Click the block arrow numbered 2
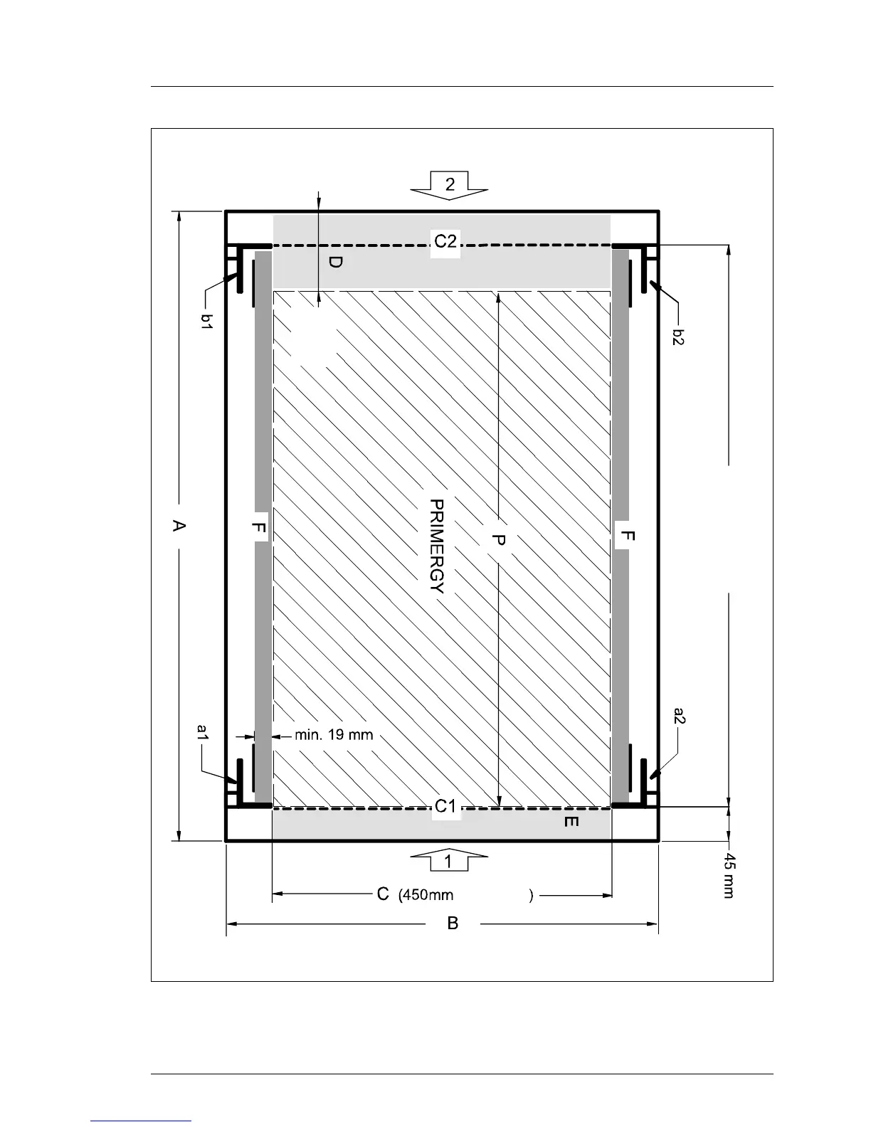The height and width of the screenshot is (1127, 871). point(449,185)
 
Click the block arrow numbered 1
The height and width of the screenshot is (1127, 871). point(449,861)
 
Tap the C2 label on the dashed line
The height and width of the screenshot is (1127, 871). point(445,241)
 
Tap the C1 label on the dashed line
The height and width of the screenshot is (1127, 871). point(445,806)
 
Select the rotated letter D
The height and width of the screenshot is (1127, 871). point(336,262)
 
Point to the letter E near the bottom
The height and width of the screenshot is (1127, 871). point(571,822)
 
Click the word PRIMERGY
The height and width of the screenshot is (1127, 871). point(437,546)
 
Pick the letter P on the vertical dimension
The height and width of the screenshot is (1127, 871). point(498,541)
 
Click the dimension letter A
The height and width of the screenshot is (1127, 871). point(179,527)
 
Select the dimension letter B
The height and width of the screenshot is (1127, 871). point(453,924)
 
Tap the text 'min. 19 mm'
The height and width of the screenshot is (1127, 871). point(334,735)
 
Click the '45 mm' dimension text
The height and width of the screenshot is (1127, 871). point(729,876)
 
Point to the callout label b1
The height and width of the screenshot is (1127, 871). point(207,321)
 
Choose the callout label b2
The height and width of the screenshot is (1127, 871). point(679,337)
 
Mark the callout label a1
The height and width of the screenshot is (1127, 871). point(203,732)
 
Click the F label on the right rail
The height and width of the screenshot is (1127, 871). point(628,536)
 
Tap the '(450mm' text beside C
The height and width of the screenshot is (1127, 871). point(426,895)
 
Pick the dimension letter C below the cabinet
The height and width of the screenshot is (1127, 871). point(383,894)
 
